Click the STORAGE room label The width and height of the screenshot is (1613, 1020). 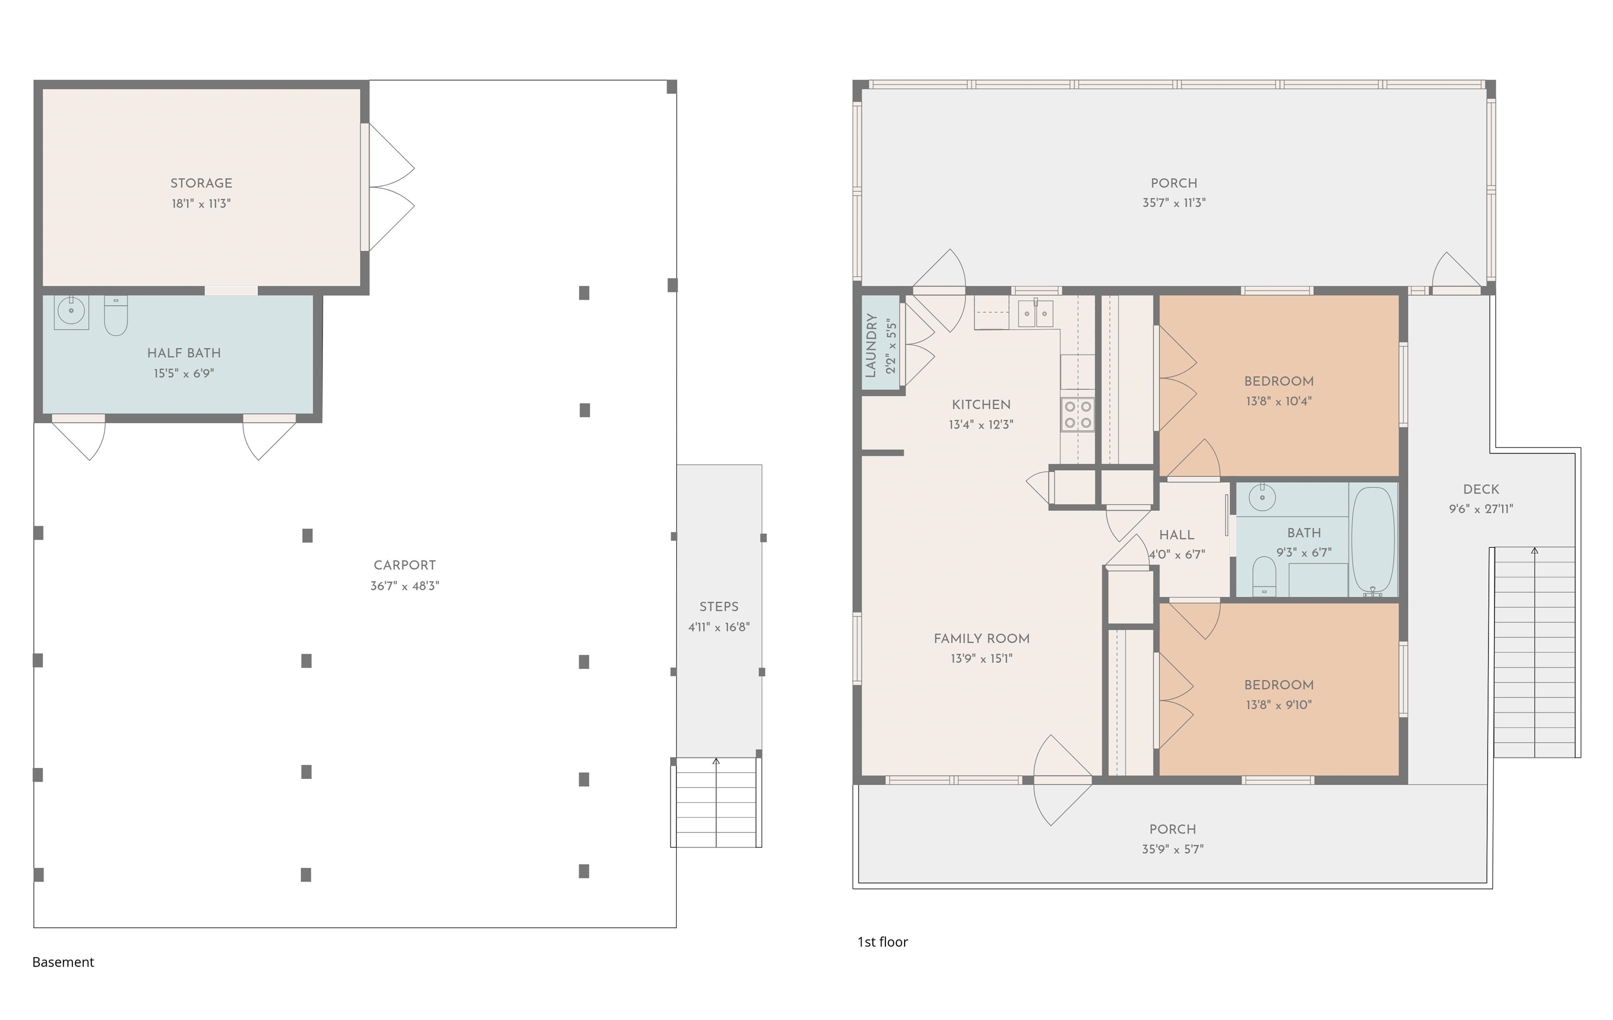tap(201, 183)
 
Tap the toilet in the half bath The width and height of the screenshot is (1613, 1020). tap(116, 316)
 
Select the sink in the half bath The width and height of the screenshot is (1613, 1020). tap(71, 311)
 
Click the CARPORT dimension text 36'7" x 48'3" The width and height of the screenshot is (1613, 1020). tap(405, 586)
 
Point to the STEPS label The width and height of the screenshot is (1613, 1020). tap(719, 607)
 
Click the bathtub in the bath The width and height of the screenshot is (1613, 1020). tap(1373, 542)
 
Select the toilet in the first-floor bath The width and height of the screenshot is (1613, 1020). tap(1264, 576)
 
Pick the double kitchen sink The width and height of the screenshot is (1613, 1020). tap(1035, 313)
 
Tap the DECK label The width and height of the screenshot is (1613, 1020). tap(1481, 489)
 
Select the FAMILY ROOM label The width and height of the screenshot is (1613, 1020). tap(981, 639)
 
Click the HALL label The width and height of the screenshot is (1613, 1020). tap(1176, 535)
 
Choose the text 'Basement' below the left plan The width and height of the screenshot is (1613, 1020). tap(63, 962)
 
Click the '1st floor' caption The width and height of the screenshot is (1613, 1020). tap(883, 942)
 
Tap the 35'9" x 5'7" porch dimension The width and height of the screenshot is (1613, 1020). tap(1173, 849)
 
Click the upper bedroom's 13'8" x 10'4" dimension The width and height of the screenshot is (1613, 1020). tap(1279, 401)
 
